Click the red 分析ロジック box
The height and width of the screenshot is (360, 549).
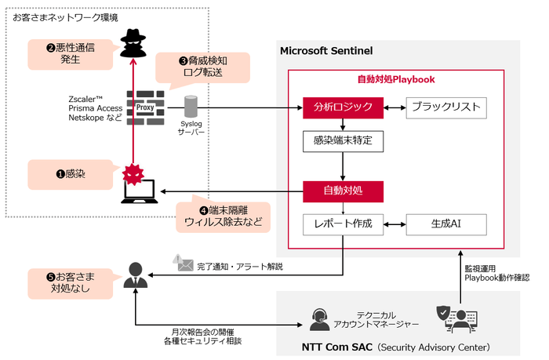coord(344,107)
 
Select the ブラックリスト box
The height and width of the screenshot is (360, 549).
coord(445,107)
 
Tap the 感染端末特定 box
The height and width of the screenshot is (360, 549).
coord(344,142)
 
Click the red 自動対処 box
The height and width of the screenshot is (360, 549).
coord(344,191)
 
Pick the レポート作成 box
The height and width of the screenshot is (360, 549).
coord(344,224)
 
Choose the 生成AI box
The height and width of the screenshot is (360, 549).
coord(445,224)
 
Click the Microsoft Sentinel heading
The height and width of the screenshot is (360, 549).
coord(326,51)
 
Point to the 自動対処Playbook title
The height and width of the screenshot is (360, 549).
coord(395,79)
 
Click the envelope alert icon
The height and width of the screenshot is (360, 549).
coord(184,264)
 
